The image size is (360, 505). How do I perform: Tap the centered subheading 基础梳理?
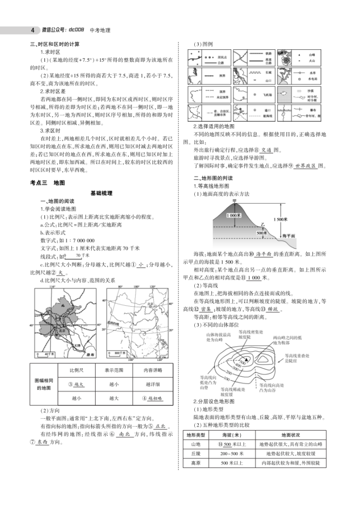click(102, 193)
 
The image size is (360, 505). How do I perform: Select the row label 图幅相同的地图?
click(43, 384)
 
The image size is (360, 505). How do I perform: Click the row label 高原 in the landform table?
click(196, 463)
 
